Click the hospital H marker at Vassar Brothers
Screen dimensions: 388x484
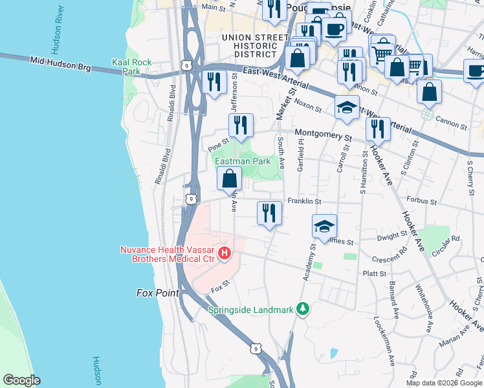click(x=225, y=253)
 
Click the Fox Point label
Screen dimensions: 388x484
click(x=157, y=293)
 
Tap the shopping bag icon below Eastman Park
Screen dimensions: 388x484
click(x=230, y=178)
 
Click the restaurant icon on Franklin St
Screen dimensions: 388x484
click(x=269, y=213)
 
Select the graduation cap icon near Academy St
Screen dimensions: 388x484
click(x=324, y=226)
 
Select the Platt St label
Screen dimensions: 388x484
click(x=374, y=274)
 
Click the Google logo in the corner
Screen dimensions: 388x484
click(x=21, y=380)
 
